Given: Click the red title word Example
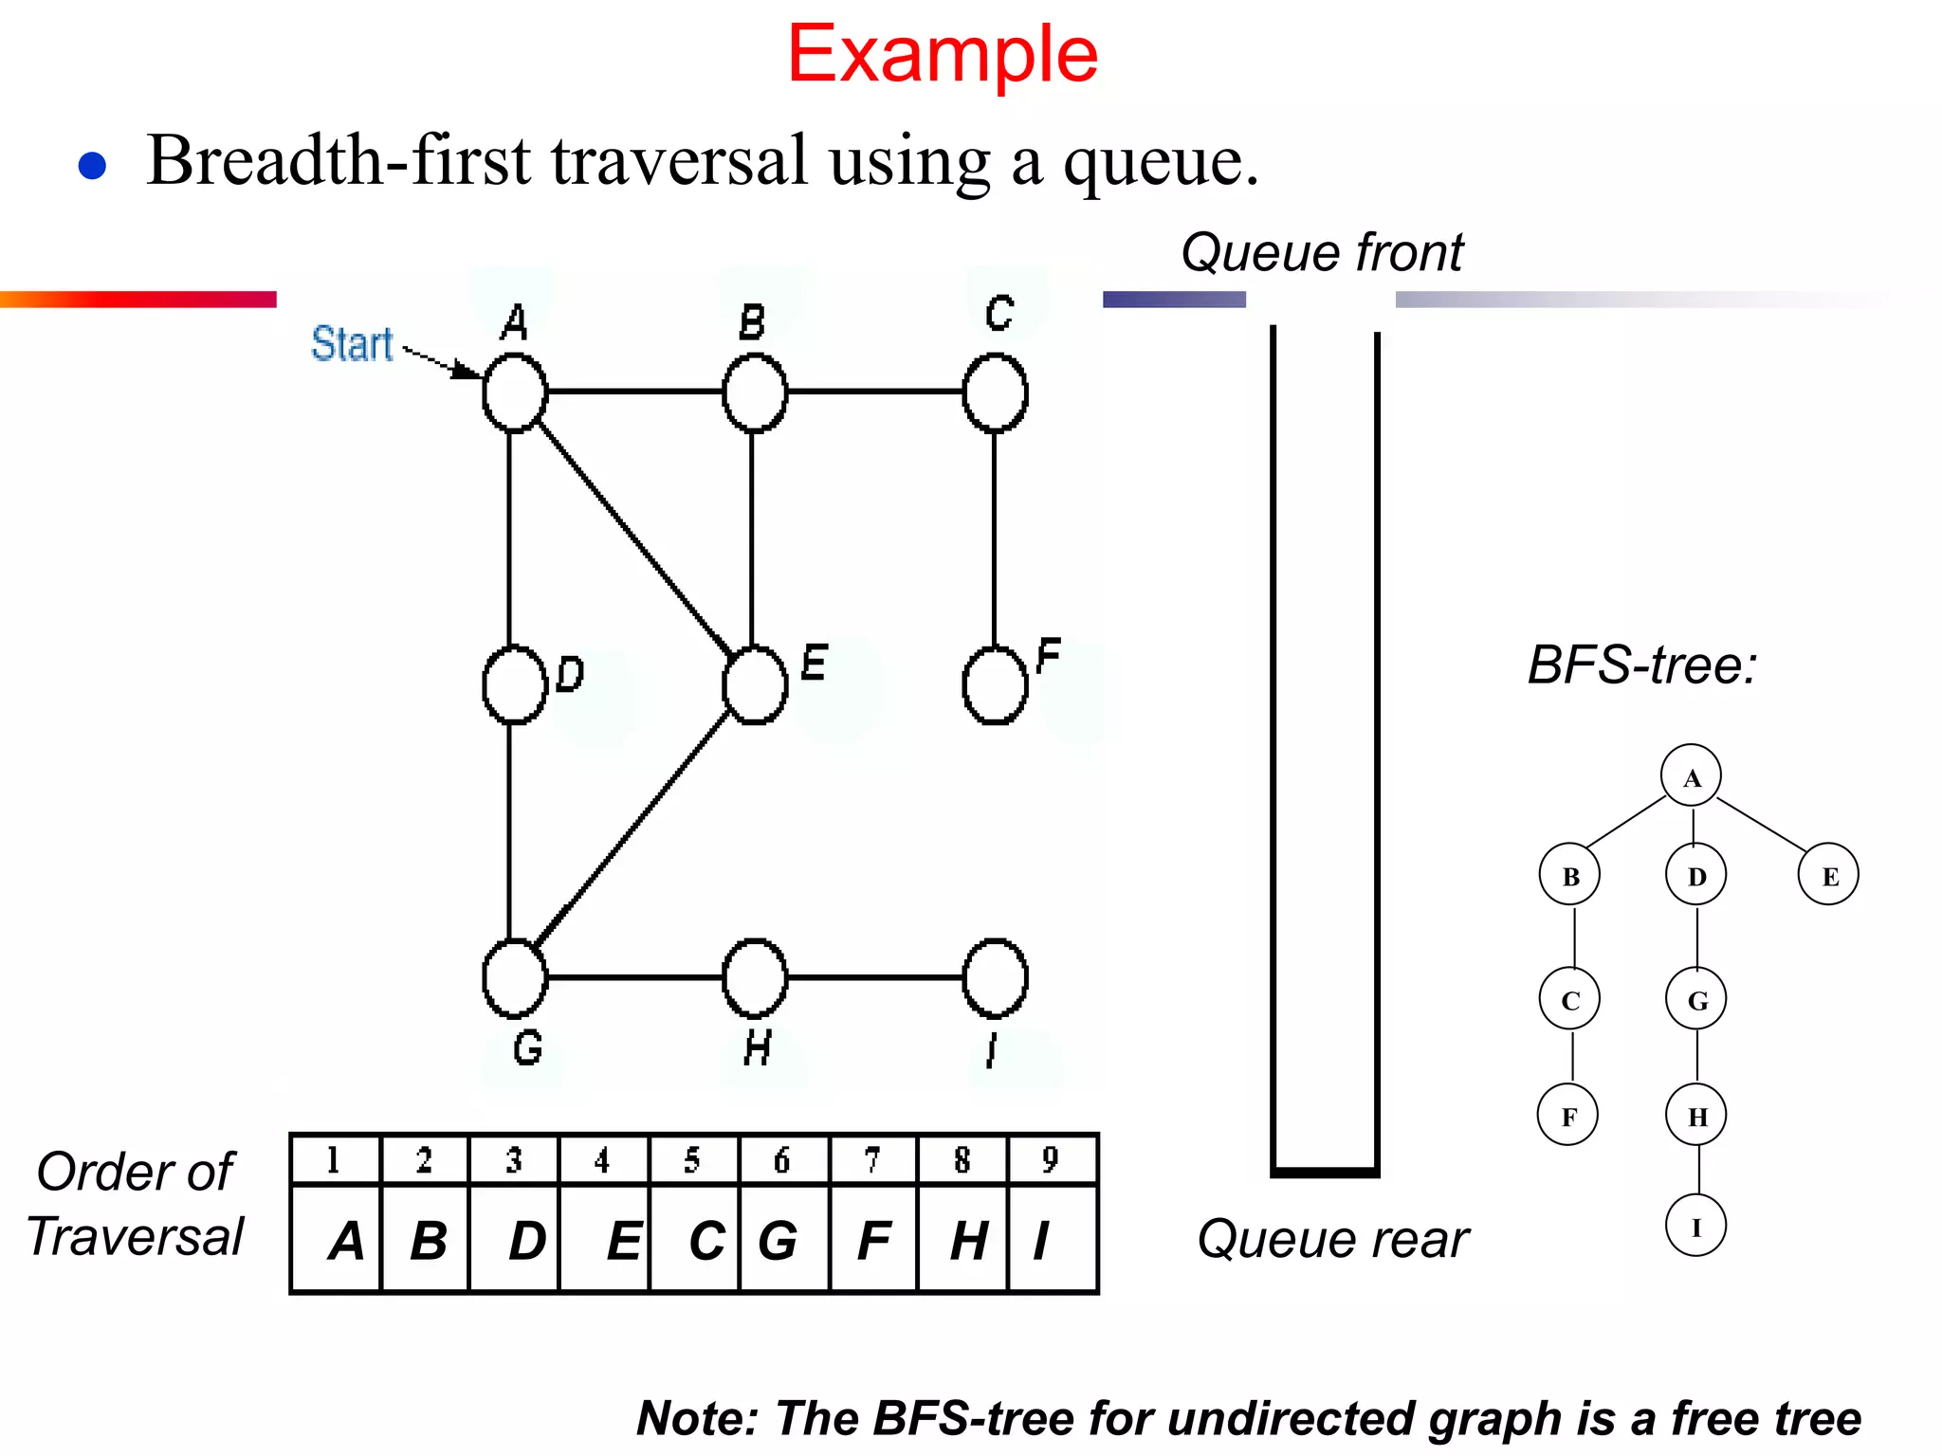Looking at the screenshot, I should (x=942, y=55).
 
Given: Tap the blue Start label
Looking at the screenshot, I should (x=352, y=343).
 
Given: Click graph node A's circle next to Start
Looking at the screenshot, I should (x=515, y=392).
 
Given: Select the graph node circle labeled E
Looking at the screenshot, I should (x=755, y=684).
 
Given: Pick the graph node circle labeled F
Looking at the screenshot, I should (x=995, y=684).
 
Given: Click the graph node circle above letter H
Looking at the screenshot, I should (x=755, y=977).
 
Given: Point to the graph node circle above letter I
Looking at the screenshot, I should (x=995, y=977).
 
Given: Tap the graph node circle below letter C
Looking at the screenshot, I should (x=995, y=392).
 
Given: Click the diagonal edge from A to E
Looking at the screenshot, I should (x=633, y=537).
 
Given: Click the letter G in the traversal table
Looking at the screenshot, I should (x=779, y=1240).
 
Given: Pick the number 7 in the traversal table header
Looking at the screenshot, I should (x=872, y=1159).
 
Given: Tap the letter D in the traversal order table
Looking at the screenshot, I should (x=527, y=1240).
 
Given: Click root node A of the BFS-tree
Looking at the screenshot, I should (x=1691, y=776).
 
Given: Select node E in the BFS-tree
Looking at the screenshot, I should (x=1828, y=875).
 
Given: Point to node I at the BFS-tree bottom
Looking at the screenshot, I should (x=1695, y=1227).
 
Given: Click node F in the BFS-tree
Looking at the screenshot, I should (x=1568, y=1116).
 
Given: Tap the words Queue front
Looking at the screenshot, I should (x=1322, y=252).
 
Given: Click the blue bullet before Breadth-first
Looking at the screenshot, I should (x=92, y=166).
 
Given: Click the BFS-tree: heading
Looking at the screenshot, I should (x=1642, y=664).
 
